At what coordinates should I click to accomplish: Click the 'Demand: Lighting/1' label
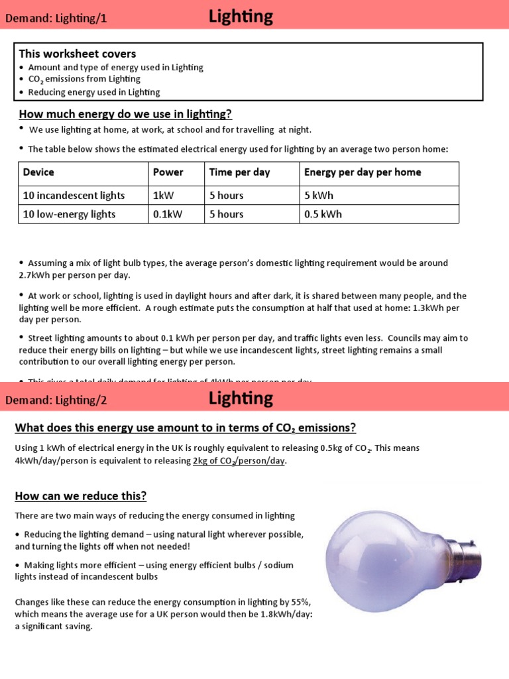click(x=56, y=19)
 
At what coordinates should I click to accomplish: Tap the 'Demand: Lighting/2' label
click(x=56, y=401)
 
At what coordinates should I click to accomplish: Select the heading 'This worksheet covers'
click(x=78, y=54)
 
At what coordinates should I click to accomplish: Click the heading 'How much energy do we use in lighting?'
click(x=125, y=113)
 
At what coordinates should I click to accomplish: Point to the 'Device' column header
click(x=38, y=172)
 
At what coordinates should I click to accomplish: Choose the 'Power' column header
click(x=168, y=172)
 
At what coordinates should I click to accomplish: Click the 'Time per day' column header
click(x=239, y=172)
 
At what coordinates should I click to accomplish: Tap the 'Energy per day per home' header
click(x=363, y=172)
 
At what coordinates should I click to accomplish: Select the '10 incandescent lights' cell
click(x=74, y=196)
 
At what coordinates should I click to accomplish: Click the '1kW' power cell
click(x=162, y=196)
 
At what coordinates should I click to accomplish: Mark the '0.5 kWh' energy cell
click(x=323, y=214)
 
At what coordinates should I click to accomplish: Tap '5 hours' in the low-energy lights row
click(x=226, y=214)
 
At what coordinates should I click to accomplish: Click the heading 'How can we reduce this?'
click(x=81, y=496)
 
